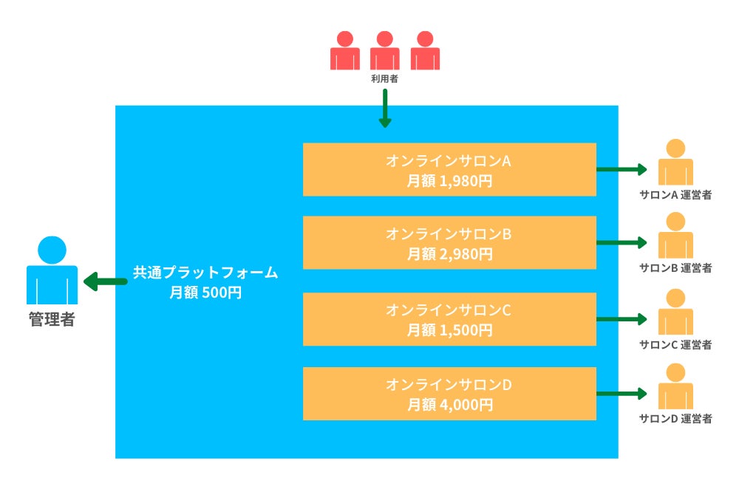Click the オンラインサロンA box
click(x=449, y=169)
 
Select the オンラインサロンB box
click(x=449, y=243)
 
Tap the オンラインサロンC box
click(x=449, y=319)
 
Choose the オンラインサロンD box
click(x=449, y=394)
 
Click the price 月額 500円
click(x=205, y=293)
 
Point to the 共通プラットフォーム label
click(x=205, y=273)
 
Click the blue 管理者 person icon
click(x=52, y=270)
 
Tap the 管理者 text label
click(x=52, y=320)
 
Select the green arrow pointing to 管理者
click(x=105, y=281)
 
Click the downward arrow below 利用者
click(x=385, y=109)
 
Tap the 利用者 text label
click(x=384, y=79)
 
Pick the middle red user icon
click(x=384, y=50)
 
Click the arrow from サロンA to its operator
click(x=621, y=169)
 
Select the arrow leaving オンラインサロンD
click(x=621, y=394)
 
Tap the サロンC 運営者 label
click(x=675, y=345)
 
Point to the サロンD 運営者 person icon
click(x=675, y=386)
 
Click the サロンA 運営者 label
click(x=675, y=194)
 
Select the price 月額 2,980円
click(x=449, y=254)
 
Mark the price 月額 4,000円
click(x=450, y=405)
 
